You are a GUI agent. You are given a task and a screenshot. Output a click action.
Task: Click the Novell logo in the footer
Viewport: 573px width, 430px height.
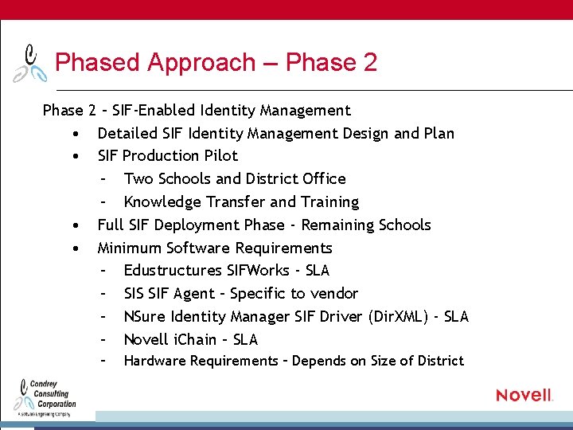(524, 395)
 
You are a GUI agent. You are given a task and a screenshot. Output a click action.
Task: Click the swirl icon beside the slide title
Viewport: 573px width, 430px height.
(29, 64)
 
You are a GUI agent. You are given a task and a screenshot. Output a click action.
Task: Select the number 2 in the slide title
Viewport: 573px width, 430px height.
(369, 62)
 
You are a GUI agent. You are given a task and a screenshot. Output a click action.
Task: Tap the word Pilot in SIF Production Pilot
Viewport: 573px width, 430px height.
(220, 155)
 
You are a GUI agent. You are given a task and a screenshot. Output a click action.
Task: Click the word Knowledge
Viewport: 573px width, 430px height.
(164, 201)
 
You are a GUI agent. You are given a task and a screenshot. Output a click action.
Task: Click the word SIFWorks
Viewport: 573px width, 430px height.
(258, 270)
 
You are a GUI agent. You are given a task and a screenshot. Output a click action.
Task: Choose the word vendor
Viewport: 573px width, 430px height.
(334, 293)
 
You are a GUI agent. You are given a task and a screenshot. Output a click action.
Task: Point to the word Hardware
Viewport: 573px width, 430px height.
(154, 361)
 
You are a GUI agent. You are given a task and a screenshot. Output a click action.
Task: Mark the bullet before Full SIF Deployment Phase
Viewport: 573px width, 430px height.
(74, 225)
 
